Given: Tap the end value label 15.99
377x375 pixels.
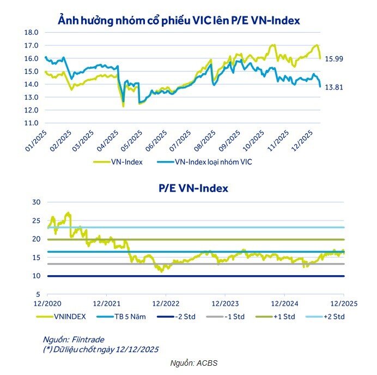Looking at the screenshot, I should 334,59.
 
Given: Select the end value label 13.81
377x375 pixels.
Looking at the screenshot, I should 334,87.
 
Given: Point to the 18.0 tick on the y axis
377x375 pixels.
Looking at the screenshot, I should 31,33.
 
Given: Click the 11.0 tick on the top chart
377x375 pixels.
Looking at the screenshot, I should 31,123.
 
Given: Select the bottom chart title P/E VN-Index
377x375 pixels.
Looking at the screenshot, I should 193,188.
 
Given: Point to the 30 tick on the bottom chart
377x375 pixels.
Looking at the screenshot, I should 37,202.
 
